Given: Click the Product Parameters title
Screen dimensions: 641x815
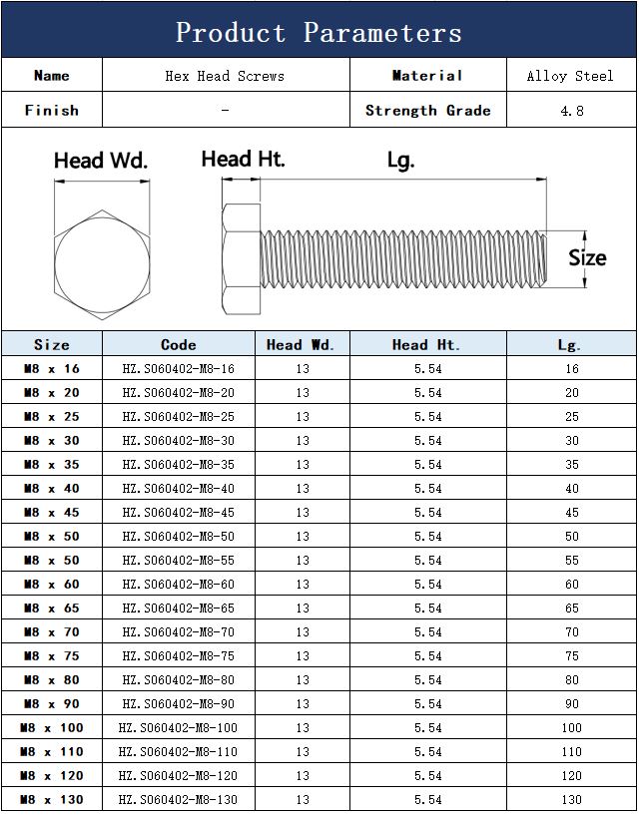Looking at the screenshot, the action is point(319,33).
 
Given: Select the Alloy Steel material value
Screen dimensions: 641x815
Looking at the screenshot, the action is point(570,76).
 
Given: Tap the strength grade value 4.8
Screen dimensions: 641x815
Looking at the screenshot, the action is point(572,111).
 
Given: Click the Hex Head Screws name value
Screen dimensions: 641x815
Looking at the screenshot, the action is point(225,76).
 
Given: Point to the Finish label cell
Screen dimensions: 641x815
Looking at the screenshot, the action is point(52,110).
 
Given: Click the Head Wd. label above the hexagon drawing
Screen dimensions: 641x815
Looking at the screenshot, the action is point(101,161).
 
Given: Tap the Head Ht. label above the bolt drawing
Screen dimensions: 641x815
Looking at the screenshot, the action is point(243,159).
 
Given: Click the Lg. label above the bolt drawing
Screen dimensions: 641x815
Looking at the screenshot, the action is point(400,161).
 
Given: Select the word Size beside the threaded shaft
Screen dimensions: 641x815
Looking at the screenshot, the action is point(587,257).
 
